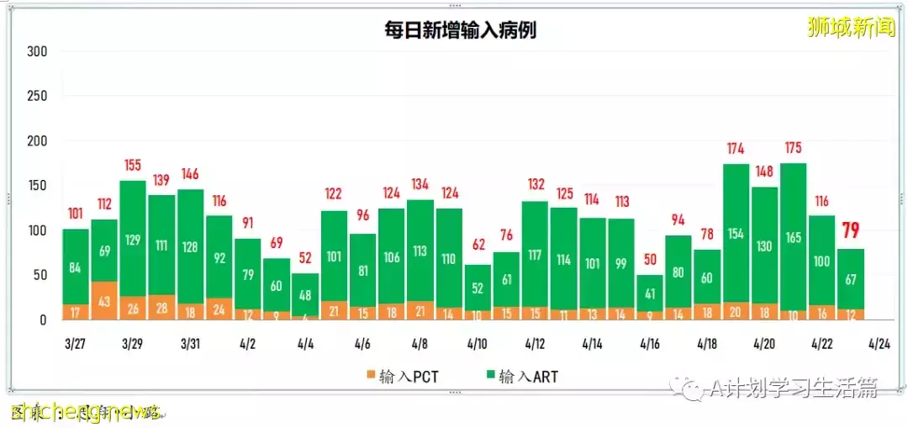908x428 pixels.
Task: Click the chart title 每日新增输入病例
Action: coord(454,31)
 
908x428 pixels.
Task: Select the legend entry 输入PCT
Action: coord(395,376)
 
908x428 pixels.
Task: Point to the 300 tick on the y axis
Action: coord(37,51)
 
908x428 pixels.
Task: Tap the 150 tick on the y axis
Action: coord(37,186)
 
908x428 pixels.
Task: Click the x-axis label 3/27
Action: coord(75,344)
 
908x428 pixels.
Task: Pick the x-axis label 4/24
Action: coord(879,344)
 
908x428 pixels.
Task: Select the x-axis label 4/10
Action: coord(477,344)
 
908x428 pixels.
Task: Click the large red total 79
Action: coord(851,230)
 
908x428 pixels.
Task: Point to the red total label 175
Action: coord(793,148)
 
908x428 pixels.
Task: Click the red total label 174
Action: coord(736,149)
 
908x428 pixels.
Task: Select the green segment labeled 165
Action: coord(793,237)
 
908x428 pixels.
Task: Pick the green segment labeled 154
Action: coord(736,233)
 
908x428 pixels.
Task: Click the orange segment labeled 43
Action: coord(104,301)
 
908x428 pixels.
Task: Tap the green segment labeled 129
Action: coord(133,239)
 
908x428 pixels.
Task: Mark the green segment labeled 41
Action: coord(649,294)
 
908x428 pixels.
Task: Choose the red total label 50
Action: coord(649,260)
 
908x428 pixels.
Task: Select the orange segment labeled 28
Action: coord(161,308)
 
